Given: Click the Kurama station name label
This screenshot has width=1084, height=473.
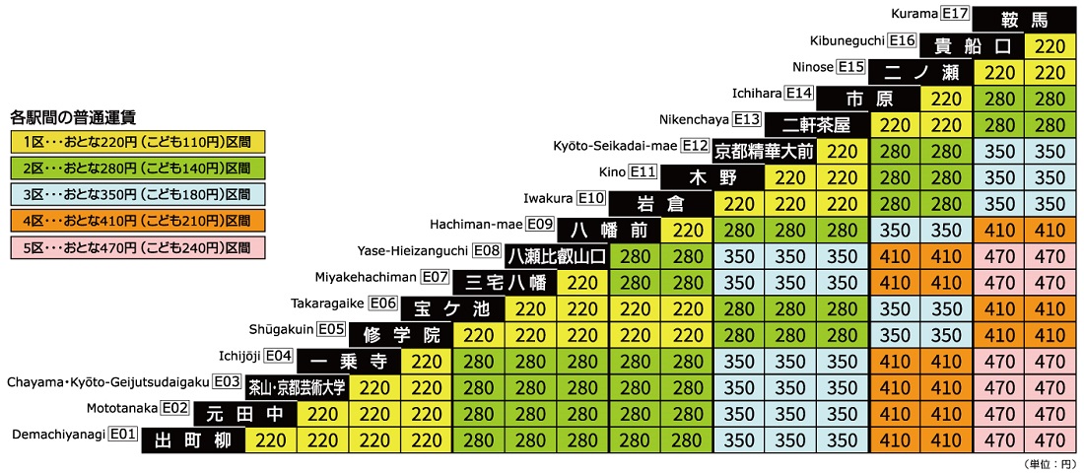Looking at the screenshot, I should click(915, 14).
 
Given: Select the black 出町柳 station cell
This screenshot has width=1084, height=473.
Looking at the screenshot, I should click(193, 439).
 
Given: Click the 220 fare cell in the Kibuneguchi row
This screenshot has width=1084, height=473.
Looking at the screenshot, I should click(1050, 46).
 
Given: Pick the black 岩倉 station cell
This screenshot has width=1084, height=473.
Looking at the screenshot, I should click(660, 204).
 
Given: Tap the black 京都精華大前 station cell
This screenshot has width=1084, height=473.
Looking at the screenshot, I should click(765, 152).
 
